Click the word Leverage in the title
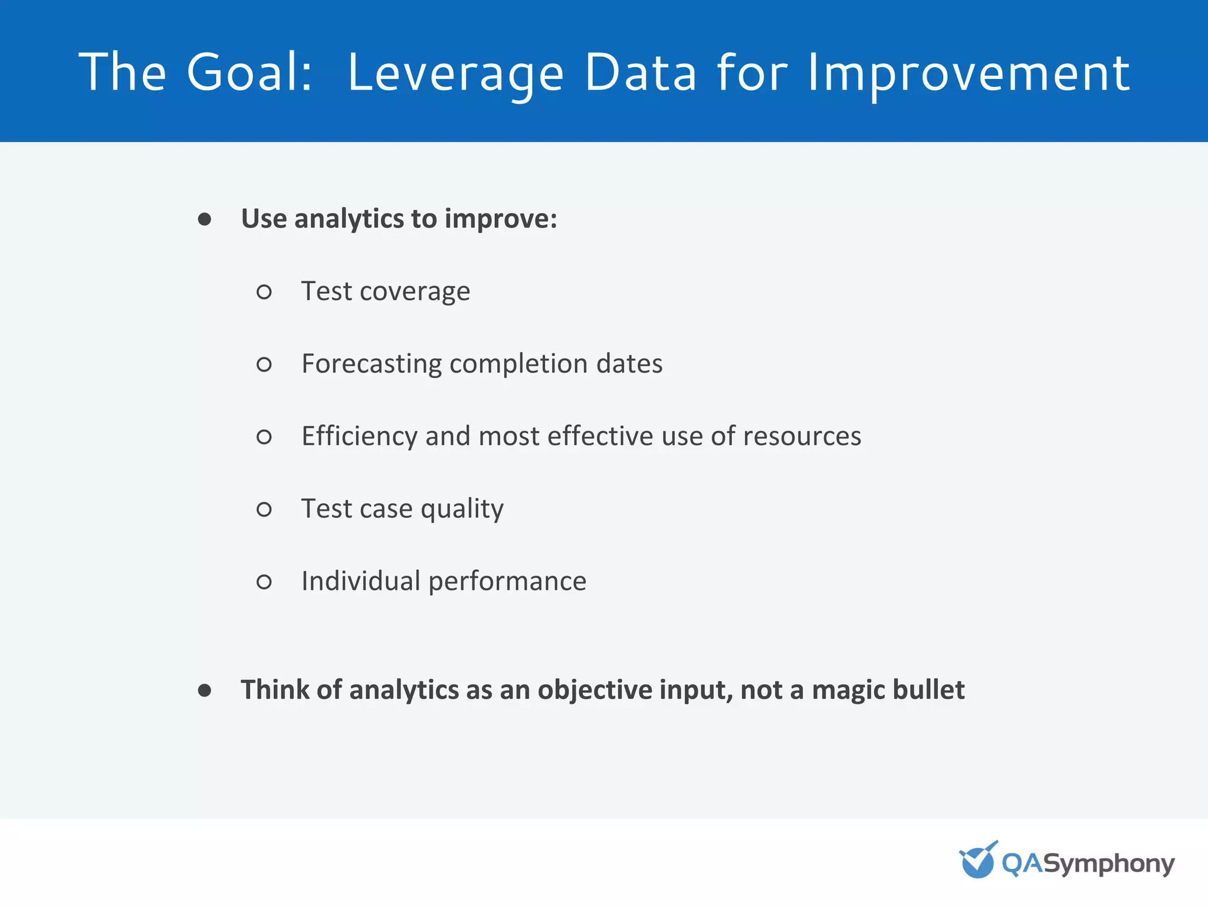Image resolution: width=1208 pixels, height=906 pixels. [x=455, y=73]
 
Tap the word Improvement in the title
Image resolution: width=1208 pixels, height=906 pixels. [x=968, y=73]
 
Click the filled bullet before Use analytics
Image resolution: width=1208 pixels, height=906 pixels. [x=205, y=219]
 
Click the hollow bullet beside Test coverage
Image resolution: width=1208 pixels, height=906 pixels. [x=264, y=292]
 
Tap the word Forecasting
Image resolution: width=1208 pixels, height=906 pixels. [x=372, y=364]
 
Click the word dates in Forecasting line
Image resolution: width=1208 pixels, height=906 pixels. [x=629, y=364]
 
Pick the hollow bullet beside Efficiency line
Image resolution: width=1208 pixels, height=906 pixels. [x=264, y=437]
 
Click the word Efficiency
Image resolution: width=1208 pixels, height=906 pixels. [x=359, y=436]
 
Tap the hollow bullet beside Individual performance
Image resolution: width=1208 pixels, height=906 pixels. [x=264, y=582]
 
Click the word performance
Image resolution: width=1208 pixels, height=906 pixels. [x=507, y=582]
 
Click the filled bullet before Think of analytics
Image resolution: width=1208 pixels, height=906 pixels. [x=205, y=690]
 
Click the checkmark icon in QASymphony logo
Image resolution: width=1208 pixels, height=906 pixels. [x=977, y=861]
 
